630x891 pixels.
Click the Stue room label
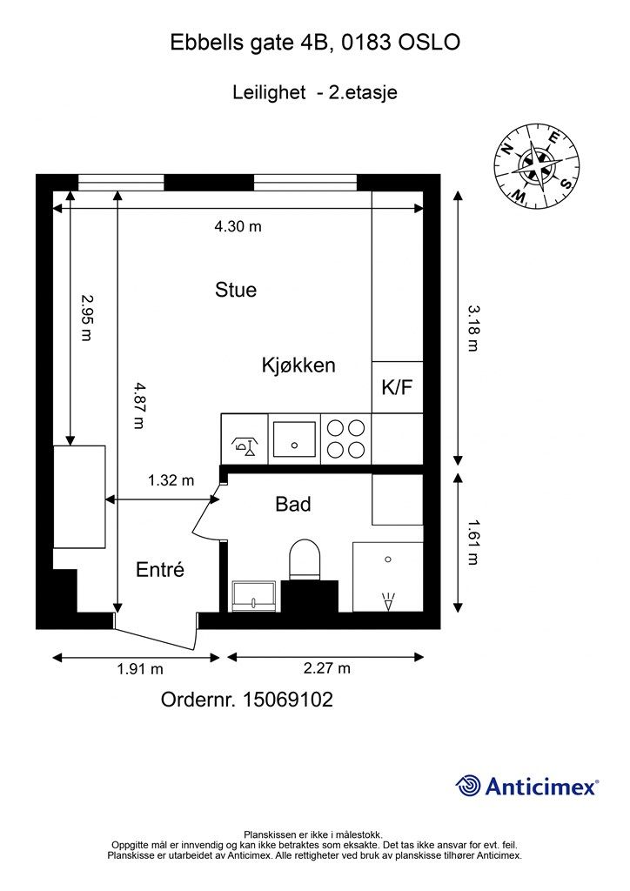coord(236,290)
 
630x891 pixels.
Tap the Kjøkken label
coord(298,365)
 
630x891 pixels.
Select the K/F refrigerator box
coord(397,387)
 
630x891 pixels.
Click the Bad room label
coord(293,504)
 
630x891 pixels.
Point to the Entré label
coord(160,569)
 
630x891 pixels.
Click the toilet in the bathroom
coord(305,560)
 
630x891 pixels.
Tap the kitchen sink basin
coord(294,439)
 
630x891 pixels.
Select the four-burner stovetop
coord(346,439)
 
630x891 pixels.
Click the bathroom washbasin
coord(254,596)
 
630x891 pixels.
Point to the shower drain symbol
coord(389,601)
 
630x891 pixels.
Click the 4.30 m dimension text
coord(238,227)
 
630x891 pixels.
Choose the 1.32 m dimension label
coord(171,480)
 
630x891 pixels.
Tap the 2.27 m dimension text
coord(326,667)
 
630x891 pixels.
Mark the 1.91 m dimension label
coord(140,669)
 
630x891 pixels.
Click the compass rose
coord(537,167)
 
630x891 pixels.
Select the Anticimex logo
coord(527,787)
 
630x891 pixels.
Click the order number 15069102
coord(288,700)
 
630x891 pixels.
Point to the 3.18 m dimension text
coord(473,328)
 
